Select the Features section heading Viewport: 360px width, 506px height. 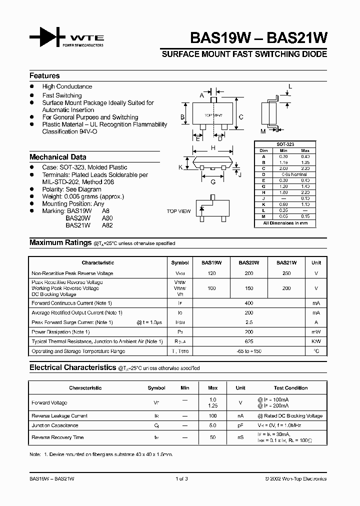(44, 76)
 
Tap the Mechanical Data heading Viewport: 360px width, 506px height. (57, 157)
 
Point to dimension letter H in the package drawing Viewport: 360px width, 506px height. (213, 148)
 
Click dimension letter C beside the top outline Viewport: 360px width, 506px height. (241, 117)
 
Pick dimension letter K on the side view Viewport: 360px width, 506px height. (180, 167)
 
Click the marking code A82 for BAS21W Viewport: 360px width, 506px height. (107, 225)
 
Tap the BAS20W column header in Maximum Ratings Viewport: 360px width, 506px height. (248, 262)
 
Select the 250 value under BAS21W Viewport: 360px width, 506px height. (286, 273)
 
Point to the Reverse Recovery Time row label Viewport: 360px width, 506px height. (57, 437)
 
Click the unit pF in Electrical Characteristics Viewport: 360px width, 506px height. (240, 425)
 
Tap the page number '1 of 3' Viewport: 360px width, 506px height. (181, 479)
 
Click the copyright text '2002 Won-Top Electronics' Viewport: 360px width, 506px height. (297, 479)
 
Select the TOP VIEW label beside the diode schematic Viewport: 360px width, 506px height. (178, 211)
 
